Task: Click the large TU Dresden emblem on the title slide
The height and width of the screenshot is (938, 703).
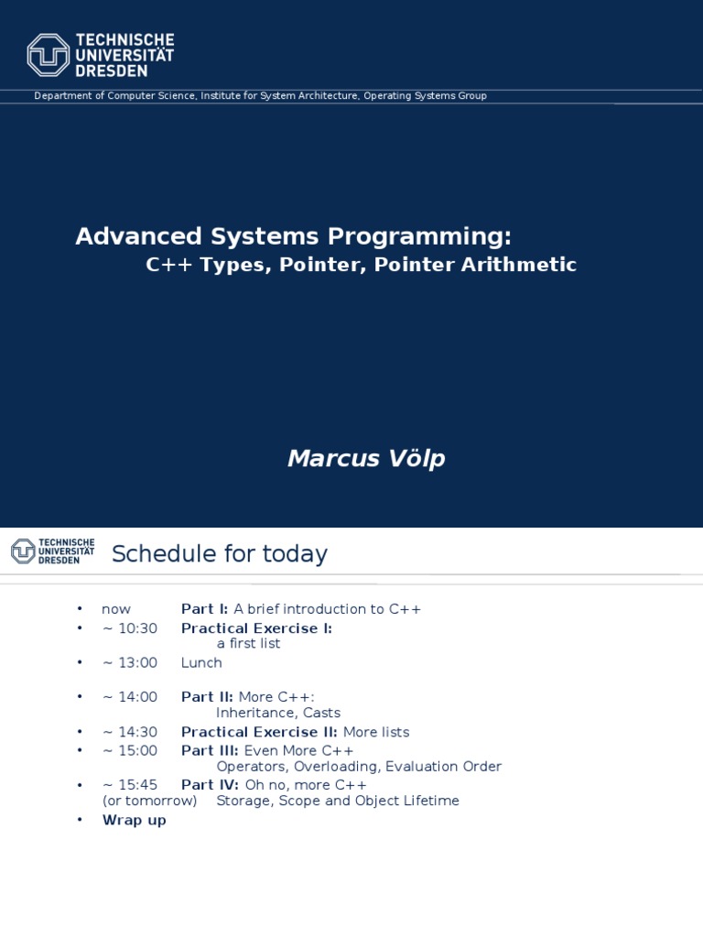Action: click(49, 54)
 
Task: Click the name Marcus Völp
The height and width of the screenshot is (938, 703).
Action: click(366, 458)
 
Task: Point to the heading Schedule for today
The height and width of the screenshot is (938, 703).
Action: click(219, 554)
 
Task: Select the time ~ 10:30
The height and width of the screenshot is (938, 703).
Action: click(130, 628)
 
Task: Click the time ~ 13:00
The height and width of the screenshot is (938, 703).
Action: click(130, 663)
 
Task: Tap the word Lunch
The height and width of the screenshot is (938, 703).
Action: click(201, 663)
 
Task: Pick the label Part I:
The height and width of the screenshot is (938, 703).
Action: click(205, 609)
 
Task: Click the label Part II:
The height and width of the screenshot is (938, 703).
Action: click(207, 697)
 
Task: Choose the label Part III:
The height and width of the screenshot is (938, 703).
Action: click(209, 751)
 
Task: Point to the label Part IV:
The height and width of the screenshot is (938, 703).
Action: click(210, 785)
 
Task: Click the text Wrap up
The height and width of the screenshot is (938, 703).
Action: click(135, 820)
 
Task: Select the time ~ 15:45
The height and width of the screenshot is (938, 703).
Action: click(130, 785)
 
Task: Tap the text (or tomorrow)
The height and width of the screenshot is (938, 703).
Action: click(149, 801)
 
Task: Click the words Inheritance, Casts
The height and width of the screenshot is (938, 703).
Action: click(278, 713)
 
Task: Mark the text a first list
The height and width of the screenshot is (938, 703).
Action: click(248, 644)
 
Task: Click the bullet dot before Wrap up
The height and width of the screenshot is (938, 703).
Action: click(81, 820)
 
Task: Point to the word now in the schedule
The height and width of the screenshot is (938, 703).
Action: click(116, 609)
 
